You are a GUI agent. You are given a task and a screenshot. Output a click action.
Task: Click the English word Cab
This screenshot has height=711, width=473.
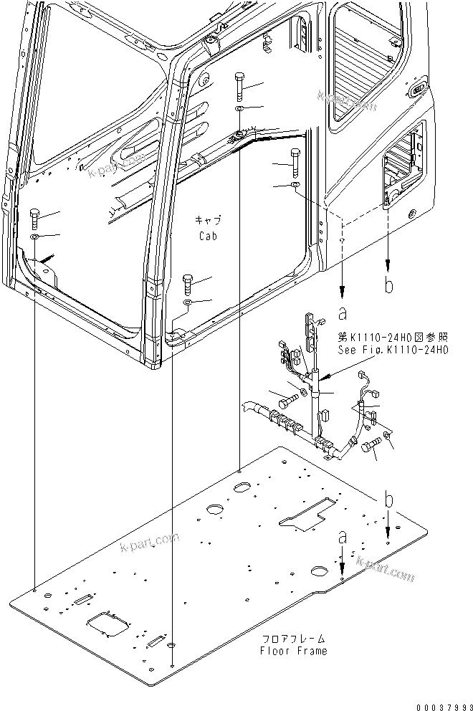click(207, 235)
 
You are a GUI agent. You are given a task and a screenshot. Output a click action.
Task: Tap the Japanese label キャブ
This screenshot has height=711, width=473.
click(207, 220)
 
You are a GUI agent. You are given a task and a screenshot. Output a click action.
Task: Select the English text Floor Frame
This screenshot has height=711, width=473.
click(294, 651)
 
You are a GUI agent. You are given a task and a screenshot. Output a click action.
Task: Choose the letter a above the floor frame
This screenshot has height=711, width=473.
click(343, 536)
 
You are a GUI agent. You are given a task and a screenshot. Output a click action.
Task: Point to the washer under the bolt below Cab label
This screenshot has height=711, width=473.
click(186, 304)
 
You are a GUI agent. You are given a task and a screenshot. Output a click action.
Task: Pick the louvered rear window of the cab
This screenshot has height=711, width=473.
click(361, 54)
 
